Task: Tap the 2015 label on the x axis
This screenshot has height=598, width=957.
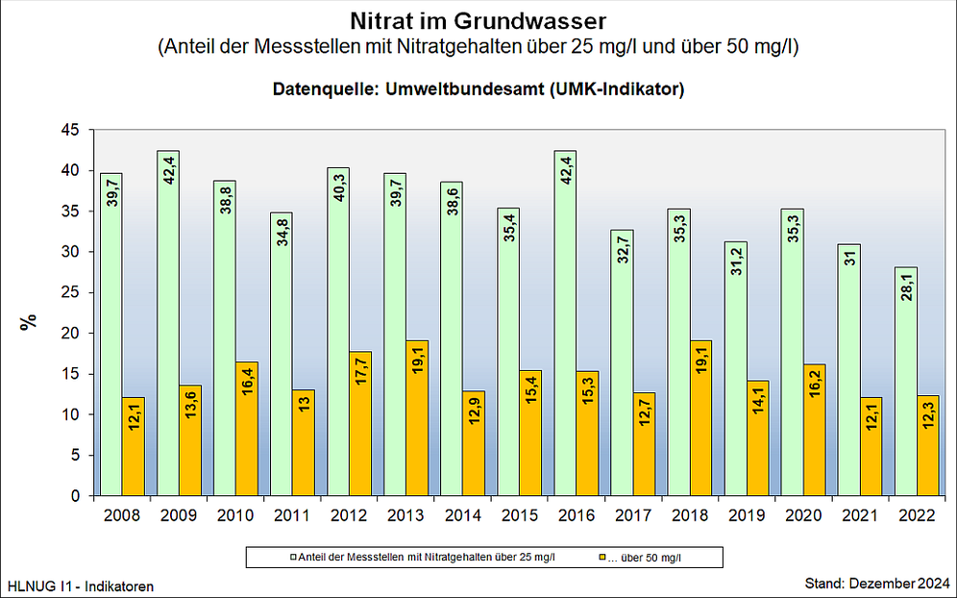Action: (x=520, y=515)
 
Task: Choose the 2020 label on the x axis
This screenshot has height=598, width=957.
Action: (x=803, y=515)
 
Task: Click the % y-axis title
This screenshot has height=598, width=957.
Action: (x=29, y=322)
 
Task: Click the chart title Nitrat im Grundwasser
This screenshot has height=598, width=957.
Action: (x=478, y=20)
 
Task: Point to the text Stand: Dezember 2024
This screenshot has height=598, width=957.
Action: (x=875, y=584)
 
